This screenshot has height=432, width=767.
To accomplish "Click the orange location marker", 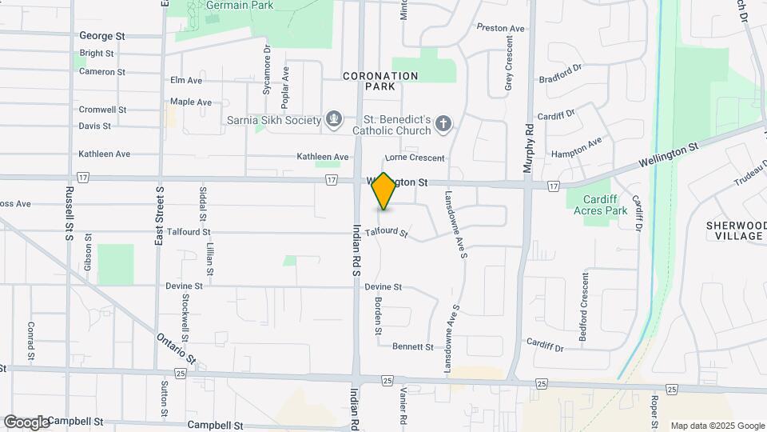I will (x=384, y=191).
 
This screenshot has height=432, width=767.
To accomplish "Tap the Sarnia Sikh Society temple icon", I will (x=335, y=120).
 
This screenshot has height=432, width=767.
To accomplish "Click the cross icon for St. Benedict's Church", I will (x=443, y=124).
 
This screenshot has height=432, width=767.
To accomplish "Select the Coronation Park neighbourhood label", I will (x=380, y=81).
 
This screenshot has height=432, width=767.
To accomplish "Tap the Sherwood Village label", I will (x=735, y=230).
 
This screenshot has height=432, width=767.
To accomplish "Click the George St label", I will (x=102, y=36).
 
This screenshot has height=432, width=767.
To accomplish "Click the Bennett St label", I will (x=412, y=347).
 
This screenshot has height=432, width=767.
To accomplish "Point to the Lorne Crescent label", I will (x=415, y=158).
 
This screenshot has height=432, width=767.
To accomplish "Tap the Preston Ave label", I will (x=500, y=28).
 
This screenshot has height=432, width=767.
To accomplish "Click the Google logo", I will (x=26, y=422).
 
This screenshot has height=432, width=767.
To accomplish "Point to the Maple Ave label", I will (x=191, y=102).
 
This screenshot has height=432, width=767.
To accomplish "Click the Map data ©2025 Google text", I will (x=717, y=426).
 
